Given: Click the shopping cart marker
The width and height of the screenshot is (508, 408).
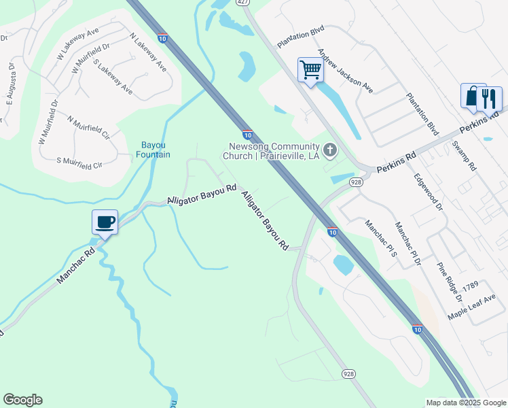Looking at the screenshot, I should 310,69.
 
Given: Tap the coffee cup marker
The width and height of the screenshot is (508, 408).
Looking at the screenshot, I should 105,222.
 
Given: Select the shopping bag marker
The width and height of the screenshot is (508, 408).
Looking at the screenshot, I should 472,96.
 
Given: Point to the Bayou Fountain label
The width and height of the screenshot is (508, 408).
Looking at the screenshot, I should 153,150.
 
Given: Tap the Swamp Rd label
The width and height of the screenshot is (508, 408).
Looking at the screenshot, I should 467,157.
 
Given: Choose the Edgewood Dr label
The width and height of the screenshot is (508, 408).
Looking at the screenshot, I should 428,191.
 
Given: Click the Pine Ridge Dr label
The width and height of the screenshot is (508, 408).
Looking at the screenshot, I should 449,282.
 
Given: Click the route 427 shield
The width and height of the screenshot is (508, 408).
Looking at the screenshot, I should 242,3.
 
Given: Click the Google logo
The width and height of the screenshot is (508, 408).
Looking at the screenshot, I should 22,400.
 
